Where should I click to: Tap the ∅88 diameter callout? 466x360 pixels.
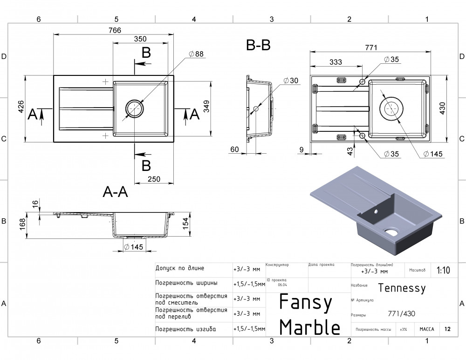(x=196, y=54)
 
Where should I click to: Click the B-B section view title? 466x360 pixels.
(x=259, y=45)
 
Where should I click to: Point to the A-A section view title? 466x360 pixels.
(x=115, y=192)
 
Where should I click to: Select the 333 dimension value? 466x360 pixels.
(x=336, y=62)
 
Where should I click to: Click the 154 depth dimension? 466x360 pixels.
(x=185, y=223)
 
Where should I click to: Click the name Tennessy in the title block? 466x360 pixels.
(x=402, y=288)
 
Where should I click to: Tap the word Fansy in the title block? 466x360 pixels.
(x=306, y=303)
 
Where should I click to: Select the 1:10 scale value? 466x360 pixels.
(x=443, y=271)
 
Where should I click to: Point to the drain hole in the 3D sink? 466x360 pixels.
(x=389, y=231)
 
